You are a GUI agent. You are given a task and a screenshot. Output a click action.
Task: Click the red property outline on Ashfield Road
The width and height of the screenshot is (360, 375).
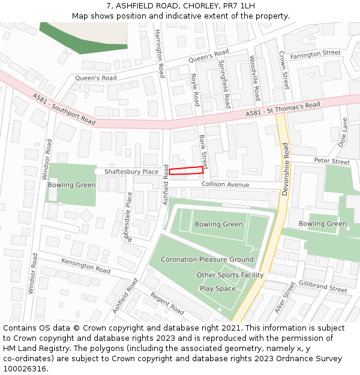(x=186, y=171)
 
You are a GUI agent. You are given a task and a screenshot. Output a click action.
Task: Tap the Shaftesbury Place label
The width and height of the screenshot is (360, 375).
(x=131, y=172)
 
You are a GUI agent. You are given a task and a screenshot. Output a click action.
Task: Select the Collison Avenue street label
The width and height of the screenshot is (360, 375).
(x=226, y=185)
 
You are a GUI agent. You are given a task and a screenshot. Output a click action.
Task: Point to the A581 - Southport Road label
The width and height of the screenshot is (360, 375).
(x=64, y=109)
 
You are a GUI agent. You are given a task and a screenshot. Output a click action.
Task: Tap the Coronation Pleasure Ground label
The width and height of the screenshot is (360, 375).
(x=207, y=260)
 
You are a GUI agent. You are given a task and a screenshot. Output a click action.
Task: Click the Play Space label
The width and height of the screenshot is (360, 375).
(x=217, y=289)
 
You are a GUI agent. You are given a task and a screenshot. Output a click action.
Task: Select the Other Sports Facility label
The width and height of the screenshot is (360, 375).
(x=230, y=275)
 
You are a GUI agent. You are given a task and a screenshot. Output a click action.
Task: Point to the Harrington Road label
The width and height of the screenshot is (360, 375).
(x=159, y=53)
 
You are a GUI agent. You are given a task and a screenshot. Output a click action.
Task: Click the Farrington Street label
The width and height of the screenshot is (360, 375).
(x=315, y=54)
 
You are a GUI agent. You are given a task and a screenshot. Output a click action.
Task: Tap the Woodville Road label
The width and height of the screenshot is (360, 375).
(x=255, y=78)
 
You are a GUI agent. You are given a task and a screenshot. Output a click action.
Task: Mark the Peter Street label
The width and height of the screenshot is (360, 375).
(x=332, y=161)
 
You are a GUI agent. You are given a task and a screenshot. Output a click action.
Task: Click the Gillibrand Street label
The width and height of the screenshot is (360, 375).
(x=323, y=287)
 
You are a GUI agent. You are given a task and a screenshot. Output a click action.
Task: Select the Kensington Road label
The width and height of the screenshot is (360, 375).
(x=85, y=266)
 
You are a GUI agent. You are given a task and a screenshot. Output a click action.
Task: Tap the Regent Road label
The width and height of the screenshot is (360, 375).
(x=167, y=304)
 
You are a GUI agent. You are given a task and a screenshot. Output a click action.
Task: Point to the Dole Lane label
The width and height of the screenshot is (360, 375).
(x=344, y=132)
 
